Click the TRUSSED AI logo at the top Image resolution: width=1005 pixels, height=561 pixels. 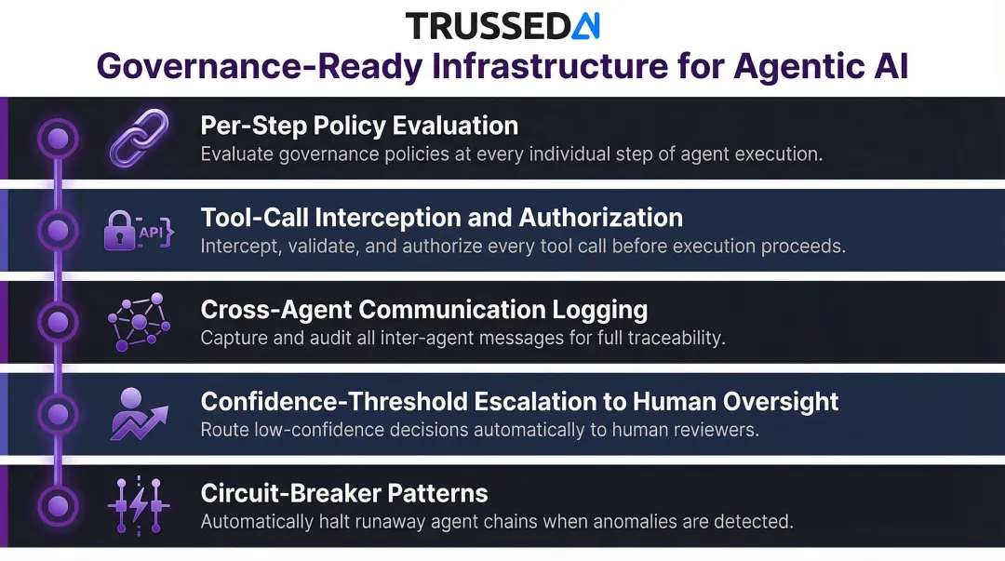coord(502,25)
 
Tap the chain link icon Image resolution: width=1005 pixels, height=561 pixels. coord(139,139)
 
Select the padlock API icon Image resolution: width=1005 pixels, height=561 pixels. coord(138,231)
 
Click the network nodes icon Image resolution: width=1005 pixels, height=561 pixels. coord(139,322)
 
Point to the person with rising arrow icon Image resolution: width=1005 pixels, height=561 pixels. coord(139,414)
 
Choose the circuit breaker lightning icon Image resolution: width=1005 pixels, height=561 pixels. coord(139,506)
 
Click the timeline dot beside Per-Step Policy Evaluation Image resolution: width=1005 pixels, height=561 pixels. coord(58,140)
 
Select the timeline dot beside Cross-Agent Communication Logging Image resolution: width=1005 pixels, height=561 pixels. coord(58,322)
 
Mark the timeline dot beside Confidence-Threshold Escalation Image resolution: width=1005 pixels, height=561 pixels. coord(58,414)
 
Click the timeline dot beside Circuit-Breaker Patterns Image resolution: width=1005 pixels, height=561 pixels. coord(58,506)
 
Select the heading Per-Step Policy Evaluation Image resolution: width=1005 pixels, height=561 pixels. coord(359,126)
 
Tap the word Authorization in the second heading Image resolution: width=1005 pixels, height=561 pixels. coord(600,218)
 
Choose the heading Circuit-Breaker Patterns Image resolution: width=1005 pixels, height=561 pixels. coord(344,492)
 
